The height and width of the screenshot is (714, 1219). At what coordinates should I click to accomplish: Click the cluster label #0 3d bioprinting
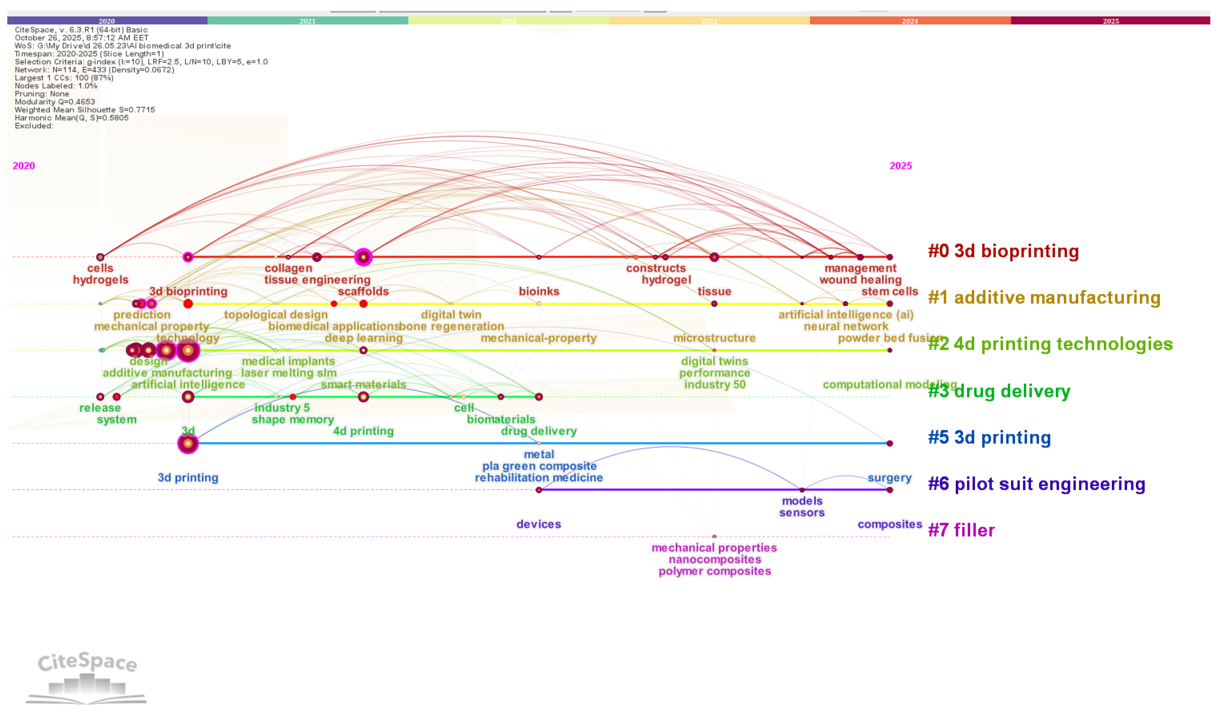1003,251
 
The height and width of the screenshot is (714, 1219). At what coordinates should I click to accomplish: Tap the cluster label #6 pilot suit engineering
1036,484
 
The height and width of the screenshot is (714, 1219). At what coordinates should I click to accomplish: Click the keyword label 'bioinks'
539,291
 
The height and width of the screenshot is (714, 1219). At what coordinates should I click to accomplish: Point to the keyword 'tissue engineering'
317,280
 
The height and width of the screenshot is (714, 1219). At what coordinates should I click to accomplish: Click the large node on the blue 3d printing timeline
188,443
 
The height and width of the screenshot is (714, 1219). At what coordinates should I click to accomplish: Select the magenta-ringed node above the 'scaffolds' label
363,257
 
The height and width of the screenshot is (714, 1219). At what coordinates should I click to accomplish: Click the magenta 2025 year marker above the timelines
900,166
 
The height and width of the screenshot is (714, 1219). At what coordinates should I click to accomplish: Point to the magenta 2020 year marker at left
24,166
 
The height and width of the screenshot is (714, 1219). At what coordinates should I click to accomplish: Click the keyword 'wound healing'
860,280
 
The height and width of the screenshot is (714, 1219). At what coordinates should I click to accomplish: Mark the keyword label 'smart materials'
363,385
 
